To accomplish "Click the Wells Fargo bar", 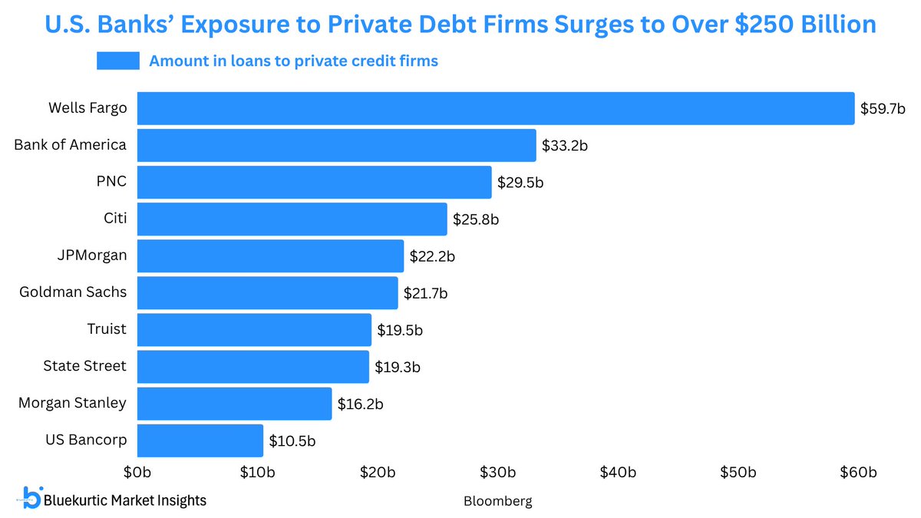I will [496, 108].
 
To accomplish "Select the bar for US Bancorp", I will [200, 440].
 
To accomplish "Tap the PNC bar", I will [315, 182].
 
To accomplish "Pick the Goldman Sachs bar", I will [268, 293].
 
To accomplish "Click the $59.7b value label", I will [883, 109].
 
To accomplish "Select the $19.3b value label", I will [397, 368].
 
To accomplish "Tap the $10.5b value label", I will [292, 441].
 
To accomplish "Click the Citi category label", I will [114, 219].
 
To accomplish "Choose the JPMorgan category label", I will [91, 256].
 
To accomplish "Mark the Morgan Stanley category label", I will [72, 403].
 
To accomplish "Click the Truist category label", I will [107, 329].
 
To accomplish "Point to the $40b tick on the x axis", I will [617, 471].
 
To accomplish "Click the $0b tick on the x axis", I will [137, 471].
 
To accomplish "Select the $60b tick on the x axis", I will [857, 471].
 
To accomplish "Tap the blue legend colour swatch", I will [117, 61].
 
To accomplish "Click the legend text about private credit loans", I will [293, 61].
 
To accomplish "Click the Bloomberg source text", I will [497, 501].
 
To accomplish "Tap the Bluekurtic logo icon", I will [31, 497].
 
